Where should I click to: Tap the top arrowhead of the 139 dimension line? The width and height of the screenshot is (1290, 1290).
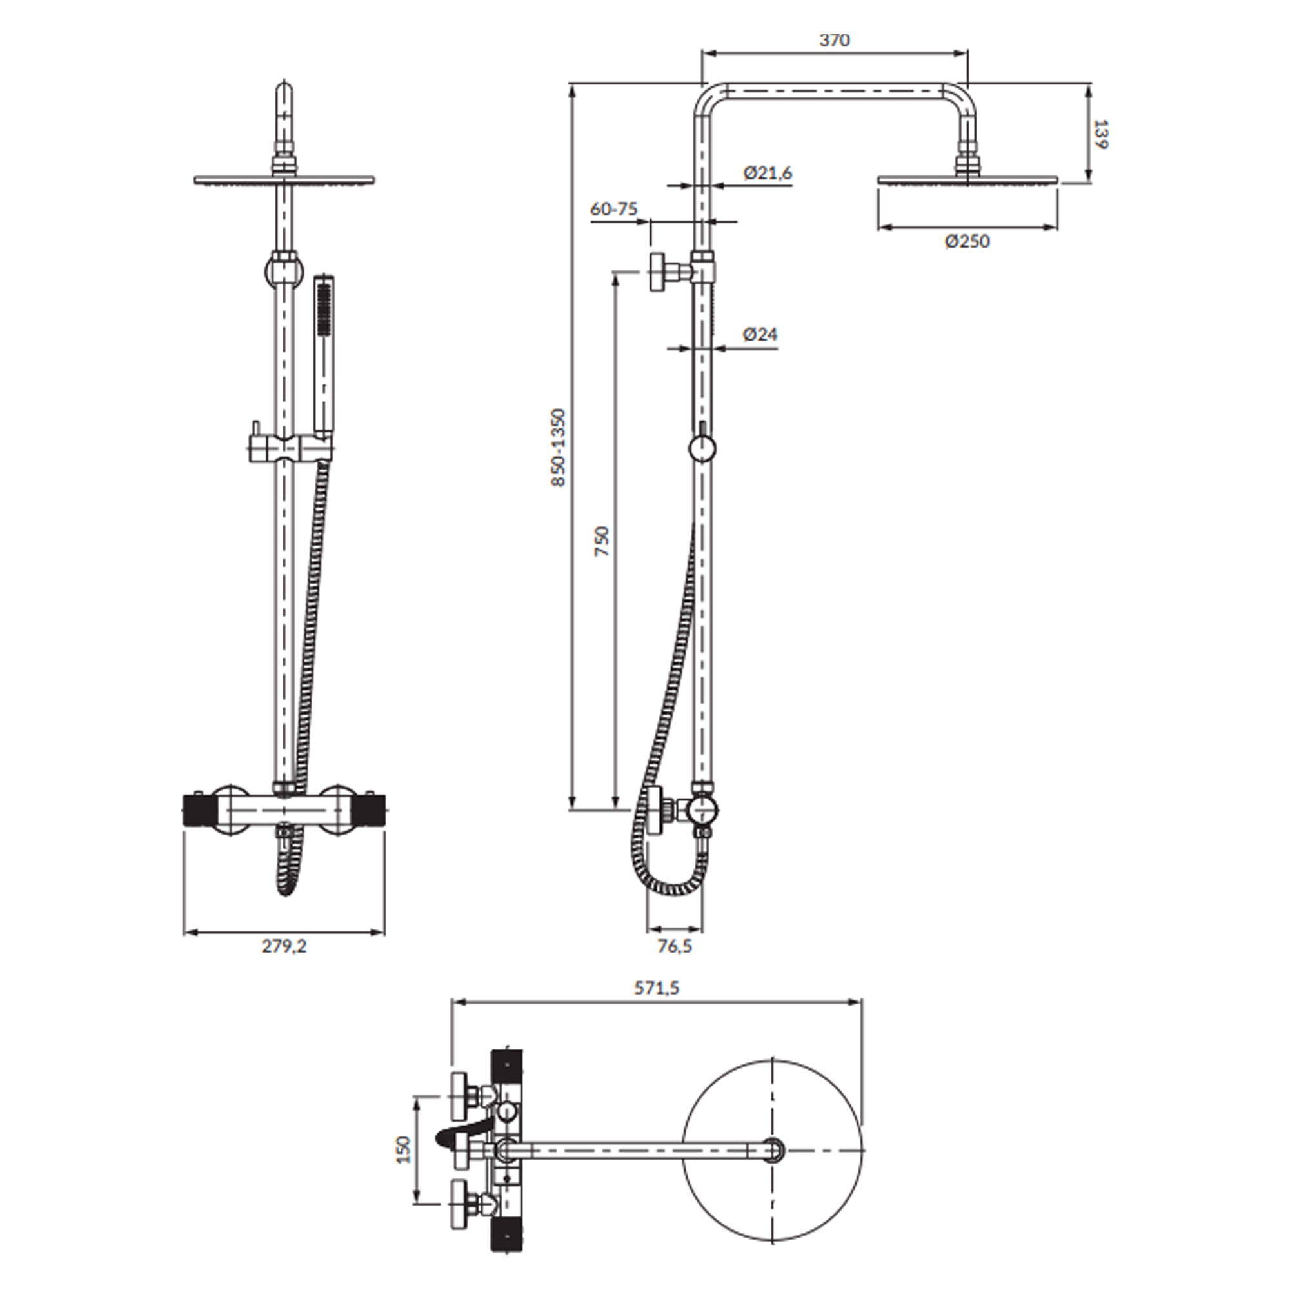(1089, 91)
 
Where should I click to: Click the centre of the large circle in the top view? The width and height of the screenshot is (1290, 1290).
(773, 1150)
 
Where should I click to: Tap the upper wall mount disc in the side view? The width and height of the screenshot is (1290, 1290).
(657, 272)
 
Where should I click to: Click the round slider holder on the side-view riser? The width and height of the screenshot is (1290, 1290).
(702, 448)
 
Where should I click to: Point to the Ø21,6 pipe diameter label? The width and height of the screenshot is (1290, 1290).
(768, 173)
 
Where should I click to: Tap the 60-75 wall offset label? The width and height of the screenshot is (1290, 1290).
(613, 209)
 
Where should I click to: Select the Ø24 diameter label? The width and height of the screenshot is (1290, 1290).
(760, 334)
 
